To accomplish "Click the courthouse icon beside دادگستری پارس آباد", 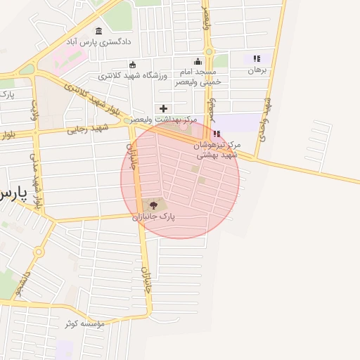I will click(98, 31).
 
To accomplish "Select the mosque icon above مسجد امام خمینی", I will click(198, 61).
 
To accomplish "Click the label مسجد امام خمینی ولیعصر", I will click(198, 77).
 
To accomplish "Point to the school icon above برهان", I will click(257, 59).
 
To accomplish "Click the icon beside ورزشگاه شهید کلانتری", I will click(132, 65).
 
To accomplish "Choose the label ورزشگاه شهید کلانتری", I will click(133, 75).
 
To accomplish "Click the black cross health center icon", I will click(164, 108).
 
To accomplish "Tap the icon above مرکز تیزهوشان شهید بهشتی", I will click(217, 134).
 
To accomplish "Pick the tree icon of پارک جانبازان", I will click(154, 205).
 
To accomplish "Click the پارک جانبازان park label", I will click(153, 217).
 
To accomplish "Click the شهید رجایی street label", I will click(89, 129).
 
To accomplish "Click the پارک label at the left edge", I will click(6, 94).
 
